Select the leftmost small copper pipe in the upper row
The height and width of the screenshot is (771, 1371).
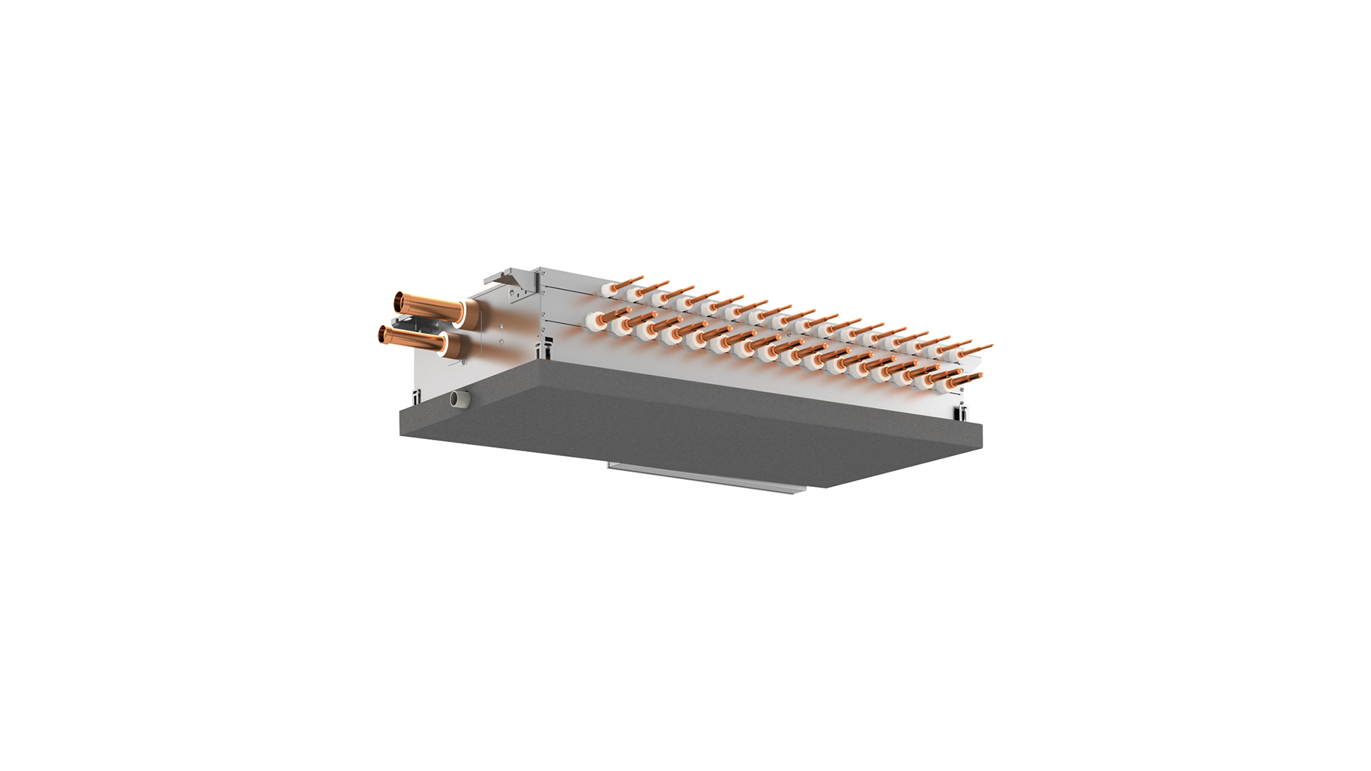coord(628,281)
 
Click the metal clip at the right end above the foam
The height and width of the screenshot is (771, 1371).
coord(962,412)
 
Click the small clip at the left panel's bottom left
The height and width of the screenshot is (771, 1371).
coord(415,394)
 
